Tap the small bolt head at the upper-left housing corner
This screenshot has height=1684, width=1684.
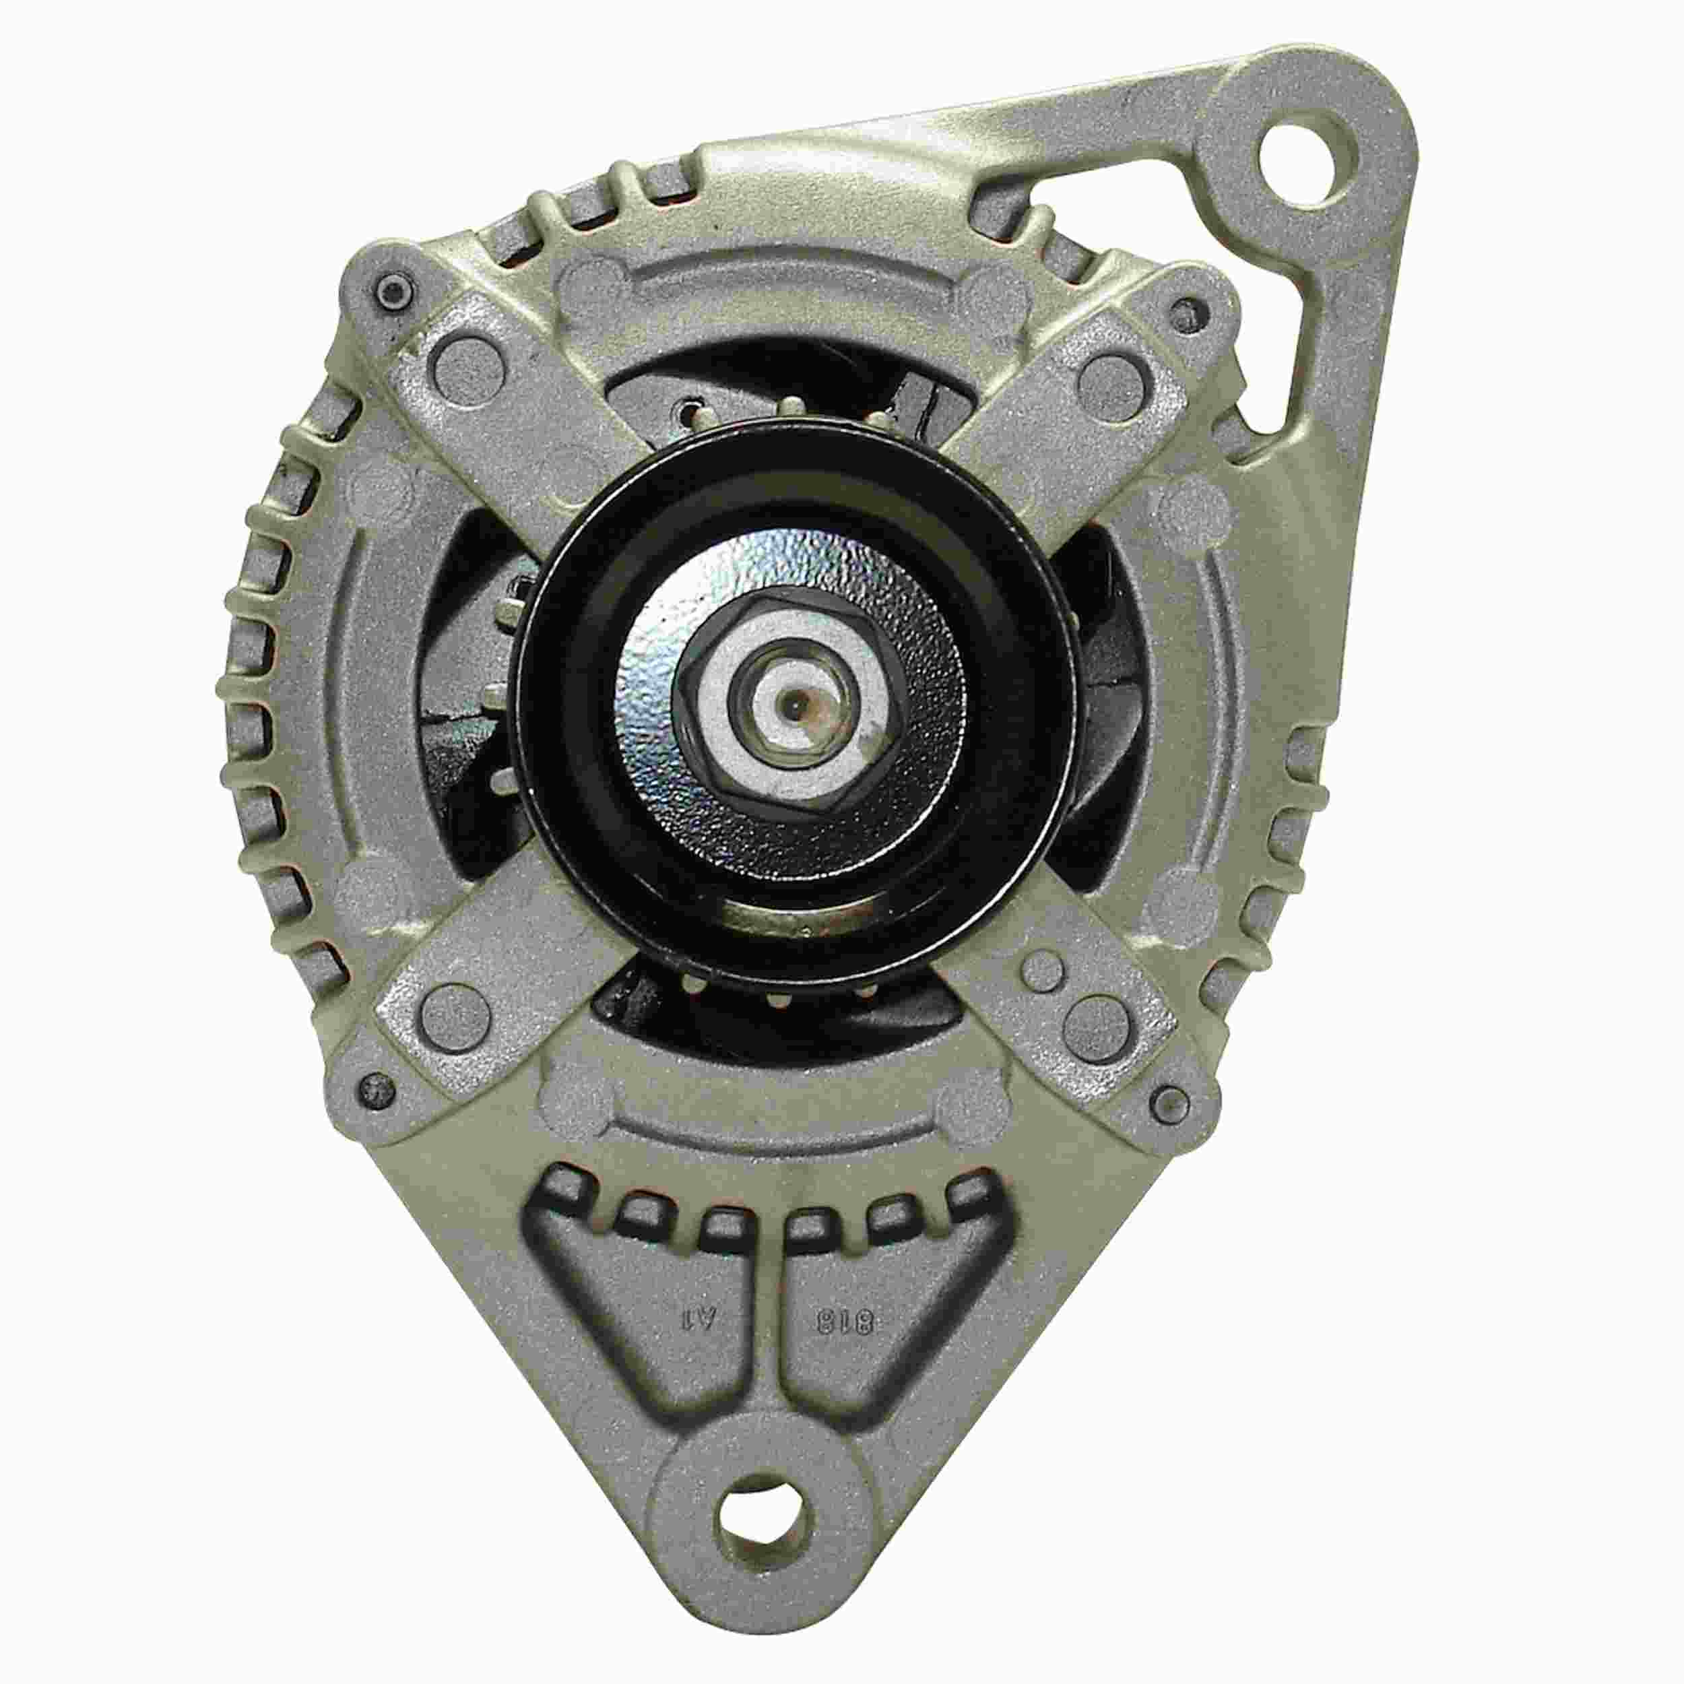click(x=391, y=292)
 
